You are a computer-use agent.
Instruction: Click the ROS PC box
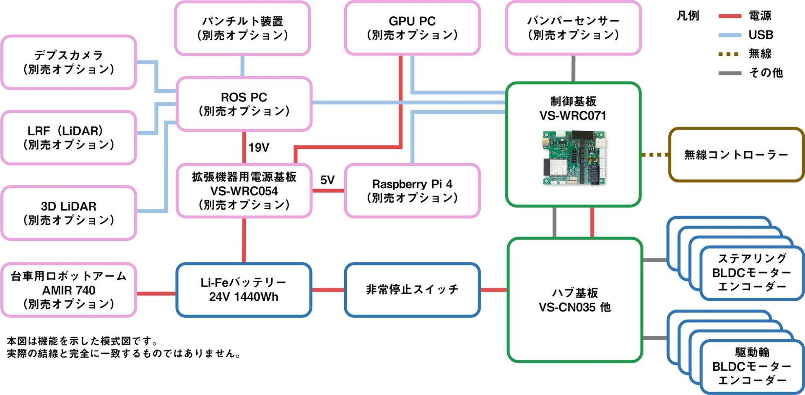(244, 104)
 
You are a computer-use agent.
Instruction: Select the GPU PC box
(412, 28)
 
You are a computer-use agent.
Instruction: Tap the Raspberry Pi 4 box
(412, 191)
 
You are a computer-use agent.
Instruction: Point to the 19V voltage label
(259, 148)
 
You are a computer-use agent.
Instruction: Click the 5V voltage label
(327, 180)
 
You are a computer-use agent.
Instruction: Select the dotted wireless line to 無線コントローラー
(655, 155)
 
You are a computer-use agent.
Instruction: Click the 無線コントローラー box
(736, 155)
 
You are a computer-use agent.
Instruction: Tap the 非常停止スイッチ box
(412, 290)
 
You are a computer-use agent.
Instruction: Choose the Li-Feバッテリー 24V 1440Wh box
(244, 290)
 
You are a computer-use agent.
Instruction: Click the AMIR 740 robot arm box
(69, 290)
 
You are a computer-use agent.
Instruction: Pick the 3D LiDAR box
(69, 213)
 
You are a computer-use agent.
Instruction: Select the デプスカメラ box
(69, 62)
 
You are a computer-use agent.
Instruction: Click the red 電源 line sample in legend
(730, 16)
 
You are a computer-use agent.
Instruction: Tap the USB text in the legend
(761, 35)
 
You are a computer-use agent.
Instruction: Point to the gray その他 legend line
(730, 73)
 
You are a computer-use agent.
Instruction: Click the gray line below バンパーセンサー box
(573, 69)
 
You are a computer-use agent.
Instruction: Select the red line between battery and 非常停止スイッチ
(328, 290)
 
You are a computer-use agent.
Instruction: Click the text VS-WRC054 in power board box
(244, 191)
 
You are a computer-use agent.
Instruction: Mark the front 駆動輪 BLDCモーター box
(751, 367)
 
